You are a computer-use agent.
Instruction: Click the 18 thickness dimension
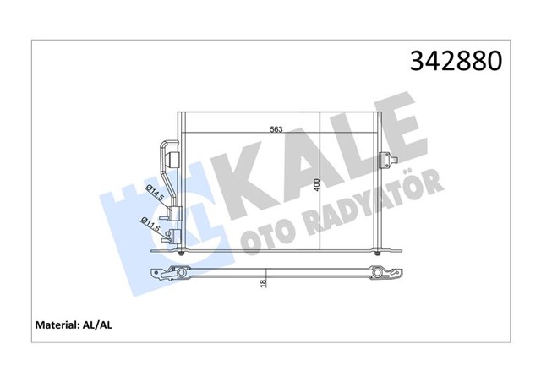coord(264,285)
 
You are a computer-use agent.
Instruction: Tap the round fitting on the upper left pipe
coord(173,156)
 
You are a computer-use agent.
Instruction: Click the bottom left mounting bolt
coord(183,251)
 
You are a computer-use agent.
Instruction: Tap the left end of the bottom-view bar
coord(161,273)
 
